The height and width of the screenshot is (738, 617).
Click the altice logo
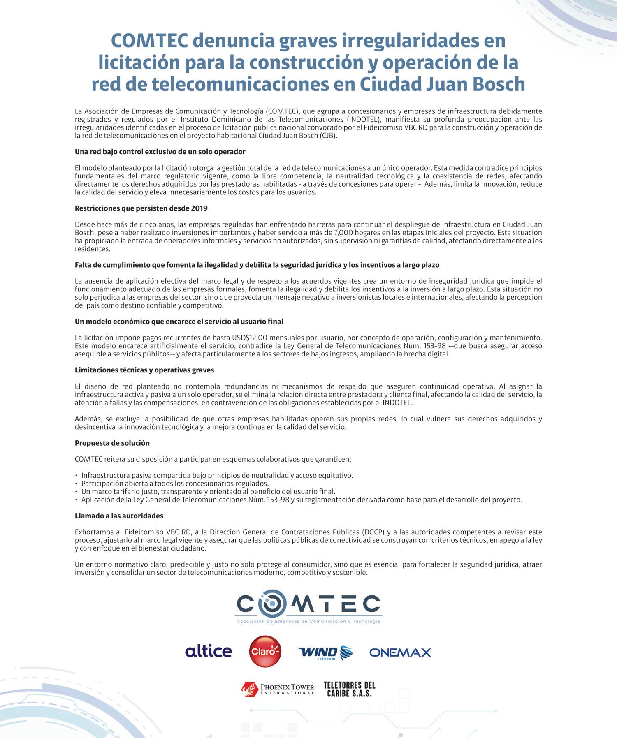[x=209, y=651]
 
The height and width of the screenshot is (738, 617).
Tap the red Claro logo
[x=265, y=651]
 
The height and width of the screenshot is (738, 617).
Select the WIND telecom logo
[x=325, y=652]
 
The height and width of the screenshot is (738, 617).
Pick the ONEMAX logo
[x=400, y=652]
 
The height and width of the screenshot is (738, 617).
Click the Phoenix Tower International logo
[x=278, y=689]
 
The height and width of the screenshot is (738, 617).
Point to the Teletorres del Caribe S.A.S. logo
[x=349, y=689]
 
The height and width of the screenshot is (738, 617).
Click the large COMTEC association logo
[x=308, y=608]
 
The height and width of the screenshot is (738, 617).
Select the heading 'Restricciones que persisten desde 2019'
[x=141, y=208]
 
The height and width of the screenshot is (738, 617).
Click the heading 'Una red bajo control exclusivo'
[x=160, y=152]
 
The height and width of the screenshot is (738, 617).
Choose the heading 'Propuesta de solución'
[x=112, y=443]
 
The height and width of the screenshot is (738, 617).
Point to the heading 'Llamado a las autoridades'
[x=119, y=516]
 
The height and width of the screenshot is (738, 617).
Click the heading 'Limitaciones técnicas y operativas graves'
[x=144, y=370]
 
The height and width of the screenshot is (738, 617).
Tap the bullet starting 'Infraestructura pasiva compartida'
[x=217, y=475]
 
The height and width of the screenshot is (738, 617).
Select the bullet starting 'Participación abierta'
[x=175, y=484]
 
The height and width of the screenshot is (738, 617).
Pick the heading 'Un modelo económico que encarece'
[x=179, y=322]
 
